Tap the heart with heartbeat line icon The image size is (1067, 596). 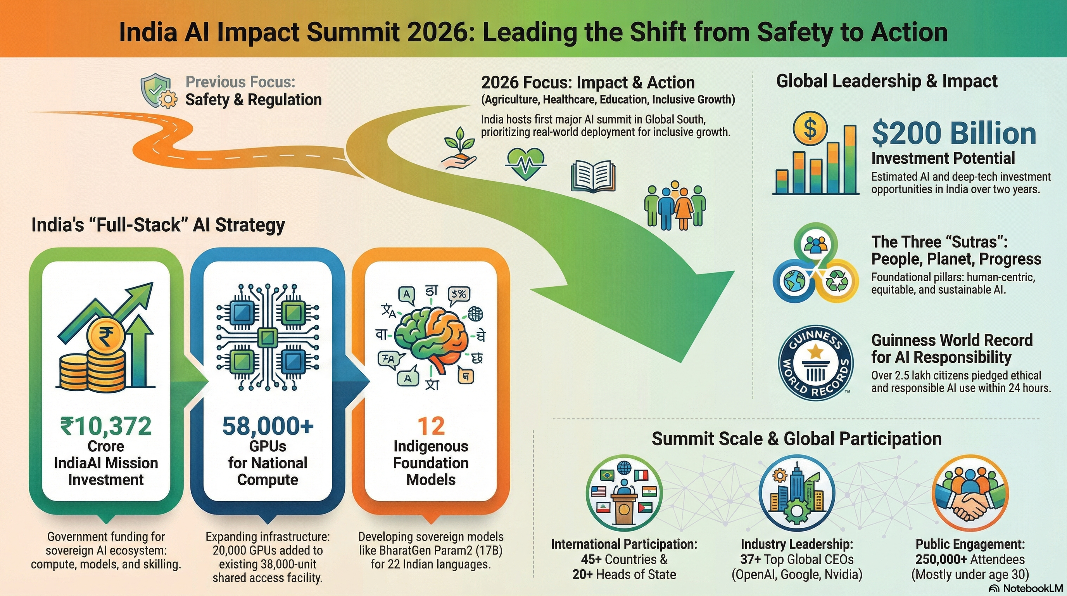[526, 164]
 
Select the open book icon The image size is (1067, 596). [593, 177]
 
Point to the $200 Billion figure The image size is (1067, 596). [953, 133]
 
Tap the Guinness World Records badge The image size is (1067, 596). [815, 363]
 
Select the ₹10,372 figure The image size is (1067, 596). [106, 426]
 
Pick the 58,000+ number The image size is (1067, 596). [268, 426]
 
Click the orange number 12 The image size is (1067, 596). [431, 426]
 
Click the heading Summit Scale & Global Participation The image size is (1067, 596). [796, 438]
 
